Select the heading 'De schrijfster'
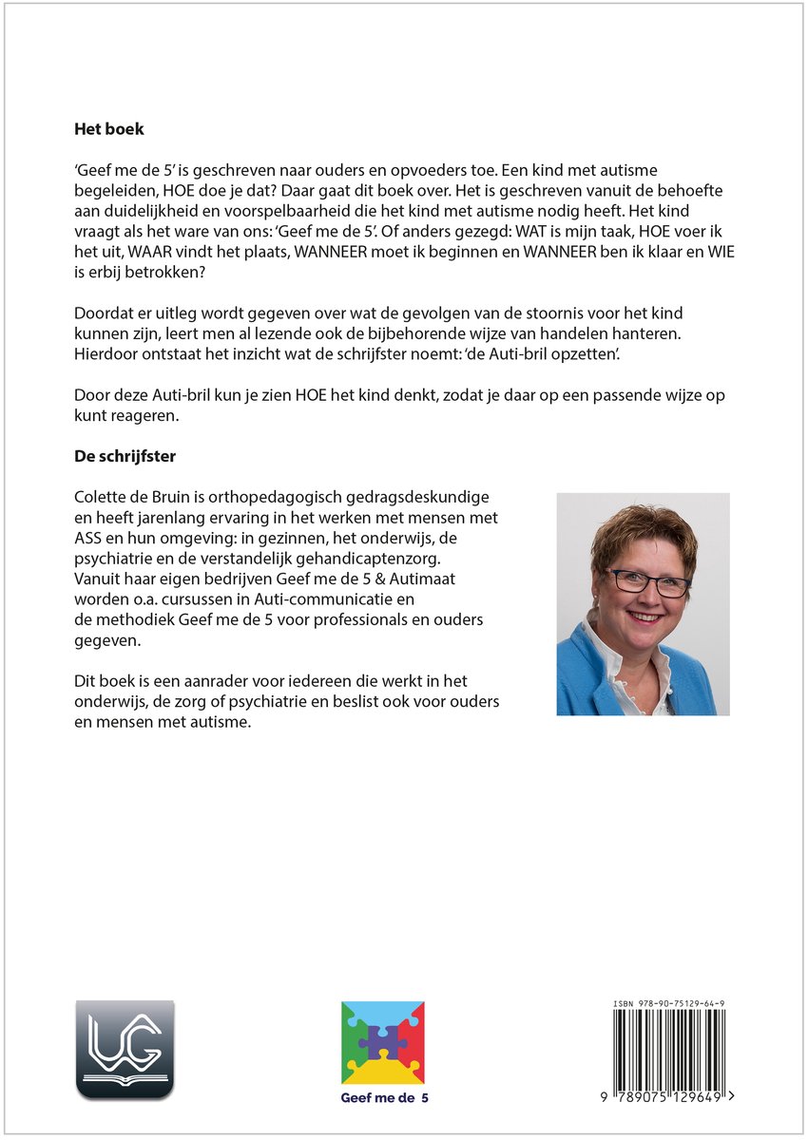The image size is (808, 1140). [125, 456]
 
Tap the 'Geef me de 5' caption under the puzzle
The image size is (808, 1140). [384, 1098]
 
